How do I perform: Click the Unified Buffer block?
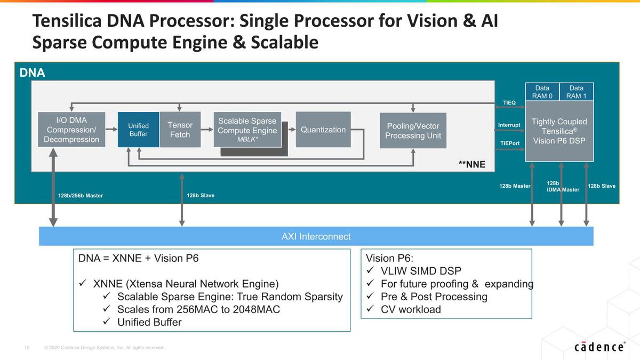coord(138,130)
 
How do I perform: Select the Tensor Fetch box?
coord(180,130)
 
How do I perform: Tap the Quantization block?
coord(323,130)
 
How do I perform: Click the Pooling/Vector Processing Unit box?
coord(412,130)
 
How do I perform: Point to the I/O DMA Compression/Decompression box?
coord(71,130)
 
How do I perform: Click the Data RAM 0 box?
coord(542,92)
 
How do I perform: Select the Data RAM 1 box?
coord(576,92)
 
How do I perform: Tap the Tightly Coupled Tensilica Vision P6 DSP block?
coord(559,131)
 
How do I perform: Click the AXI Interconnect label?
coord(316,236)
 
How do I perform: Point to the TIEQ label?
coord(509,102)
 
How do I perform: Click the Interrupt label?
coord(509,125)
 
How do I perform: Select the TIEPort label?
coord(509,143)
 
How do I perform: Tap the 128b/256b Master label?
coord(80,196)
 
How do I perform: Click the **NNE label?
coord(472,164)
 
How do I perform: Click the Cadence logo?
coord(599,347)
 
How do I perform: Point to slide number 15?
coord(27,348)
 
